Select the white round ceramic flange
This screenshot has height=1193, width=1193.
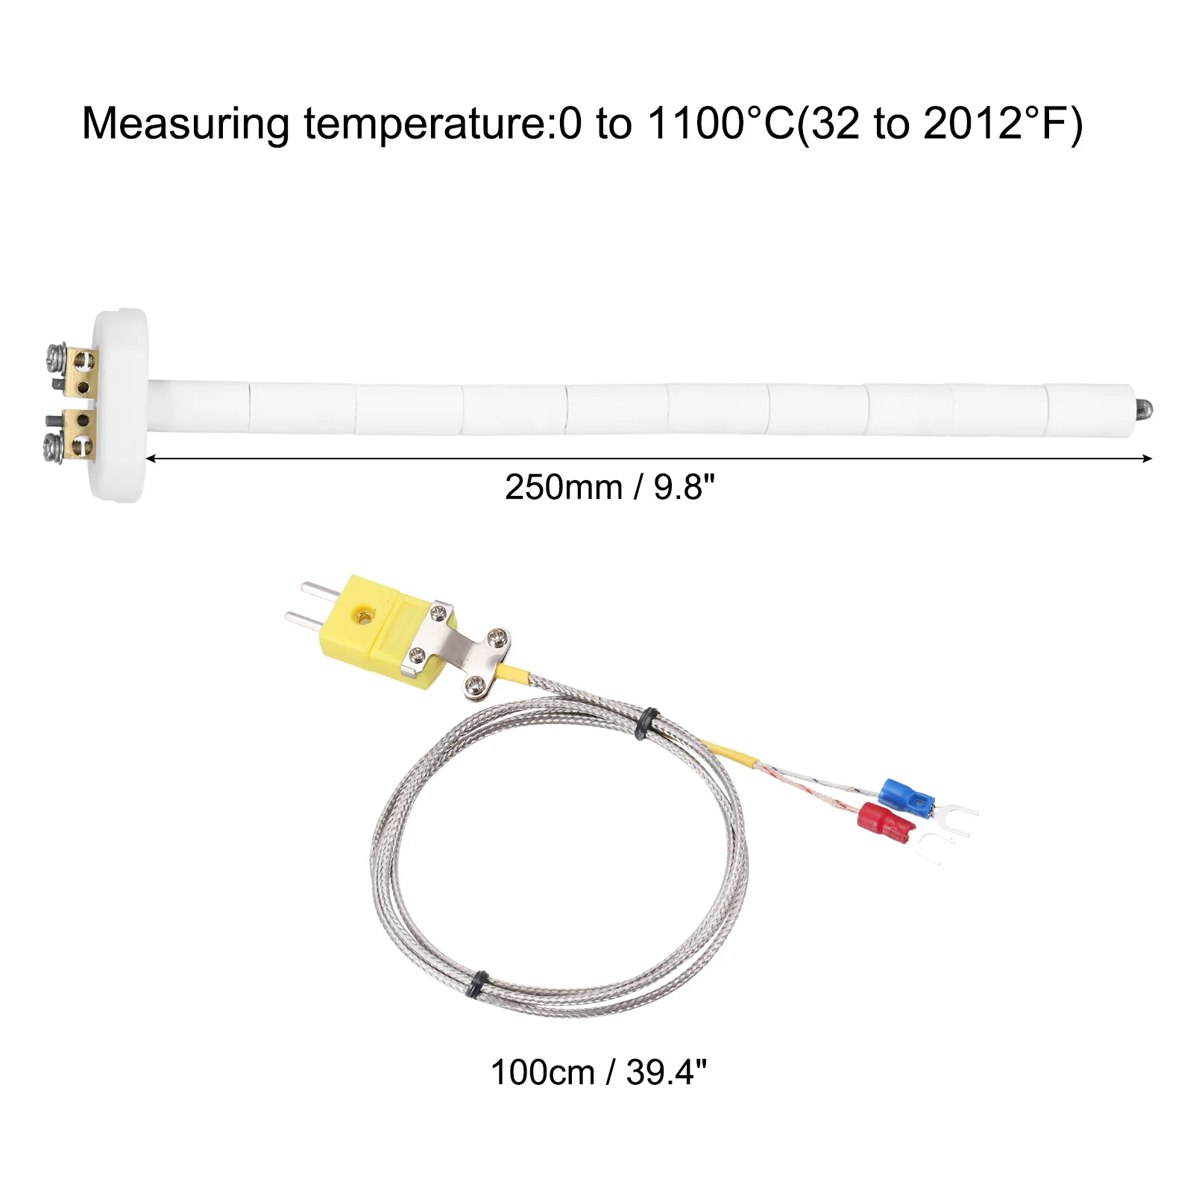click(120, 404)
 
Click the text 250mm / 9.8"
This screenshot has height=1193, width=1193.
click(610, 488)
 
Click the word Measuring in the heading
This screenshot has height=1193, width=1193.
click(186, 125)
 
